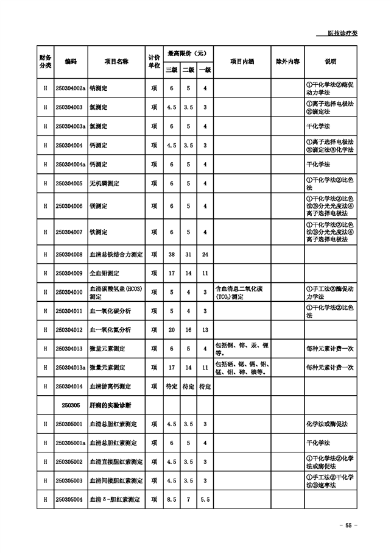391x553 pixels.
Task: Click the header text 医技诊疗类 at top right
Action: click(x=342, y=33)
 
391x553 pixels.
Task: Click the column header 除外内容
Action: click(x=288, y=62)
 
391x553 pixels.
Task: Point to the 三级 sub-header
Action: click(x=172, y=70)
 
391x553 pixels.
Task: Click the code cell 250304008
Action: click(x=69, y=254)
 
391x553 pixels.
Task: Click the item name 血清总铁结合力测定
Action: click(x=116, y=254)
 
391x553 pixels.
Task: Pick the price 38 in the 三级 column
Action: click(x=172, y=254)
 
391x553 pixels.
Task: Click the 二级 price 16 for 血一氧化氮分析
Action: click(x=189, y=330)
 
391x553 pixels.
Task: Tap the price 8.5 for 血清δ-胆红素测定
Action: click(x=172, y=499)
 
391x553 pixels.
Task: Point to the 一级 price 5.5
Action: click(x=205, y=499)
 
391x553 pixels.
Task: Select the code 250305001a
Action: click(x=71, y=443)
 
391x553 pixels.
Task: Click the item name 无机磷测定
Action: click(x=105, y=184)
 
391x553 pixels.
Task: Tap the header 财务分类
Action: click(x=45, y=62)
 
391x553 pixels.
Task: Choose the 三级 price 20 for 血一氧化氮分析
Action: click(x=172, y=330)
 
